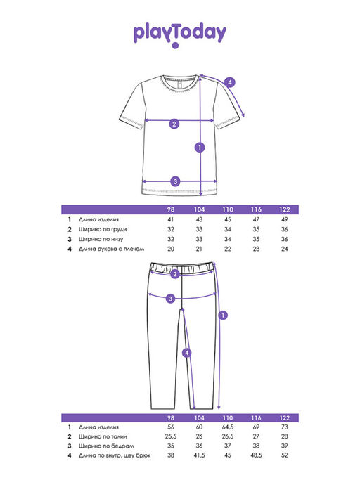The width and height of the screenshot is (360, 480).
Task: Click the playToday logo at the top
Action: coord(179,35)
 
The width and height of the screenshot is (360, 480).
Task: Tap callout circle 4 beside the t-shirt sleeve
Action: coord(230,82)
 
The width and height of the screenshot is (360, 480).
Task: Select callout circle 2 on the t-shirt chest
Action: coord(174,124)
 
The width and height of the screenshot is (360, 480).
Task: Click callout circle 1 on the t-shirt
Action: coord(200,148)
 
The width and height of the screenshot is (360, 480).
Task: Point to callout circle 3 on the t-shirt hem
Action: coord(175,181)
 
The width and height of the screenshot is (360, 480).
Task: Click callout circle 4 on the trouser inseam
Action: coord(187,353)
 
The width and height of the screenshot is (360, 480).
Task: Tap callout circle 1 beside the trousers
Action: coord(223,315)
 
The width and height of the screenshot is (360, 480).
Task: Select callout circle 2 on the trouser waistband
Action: coord(175,274)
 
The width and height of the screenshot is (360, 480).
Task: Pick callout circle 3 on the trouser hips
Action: coord(171,299)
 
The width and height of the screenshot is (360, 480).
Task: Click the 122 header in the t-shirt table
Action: coord(284,209)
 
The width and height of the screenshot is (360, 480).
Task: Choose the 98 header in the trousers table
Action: coord(171,418)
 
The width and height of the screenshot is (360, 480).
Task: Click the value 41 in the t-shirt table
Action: coord(171,219)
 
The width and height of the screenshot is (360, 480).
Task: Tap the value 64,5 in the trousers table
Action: coord(228,427)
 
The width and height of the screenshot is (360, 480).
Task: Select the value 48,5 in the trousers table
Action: coord(256,455)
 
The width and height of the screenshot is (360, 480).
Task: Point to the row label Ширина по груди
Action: coord(103,229)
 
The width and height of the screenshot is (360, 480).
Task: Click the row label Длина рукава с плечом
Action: coord(111,249)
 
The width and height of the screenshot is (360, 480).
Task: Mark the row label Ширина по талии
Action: coord(103,436)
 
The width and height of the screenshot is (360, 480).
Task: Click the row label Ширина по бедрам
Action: coord(106,446)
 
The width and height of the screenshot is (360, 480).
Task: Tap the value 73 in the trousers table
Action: coord(284,427)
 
